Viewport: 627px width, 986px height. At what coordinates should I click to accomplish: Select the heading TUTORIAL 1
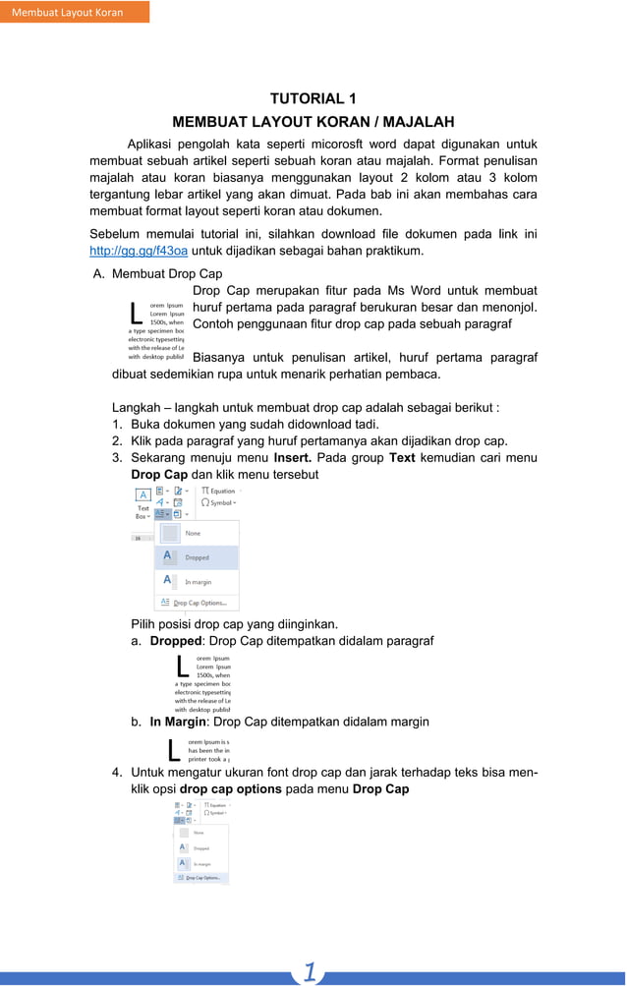pyautogui.click(x=313, y=98)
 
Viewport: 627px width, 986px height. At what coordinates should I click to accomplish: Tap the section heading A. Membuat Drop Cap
pyautogui.click(x=157, y=274)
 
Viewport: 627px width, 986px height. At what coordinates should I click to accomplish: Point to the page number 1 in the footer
pyautogui.click(x=310, y=972)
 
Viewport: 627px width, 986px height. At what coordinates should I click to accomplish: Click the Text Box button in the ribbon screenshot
pyautogui.click(x=142, y=501)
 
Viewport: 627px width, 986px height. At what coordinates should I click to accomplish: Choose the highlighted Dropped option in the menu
pyautogui.click(x=197, y=557)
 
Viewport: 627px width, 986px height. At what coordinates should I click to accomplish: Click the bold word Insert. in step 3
pyautogui.click(x=293, y=457)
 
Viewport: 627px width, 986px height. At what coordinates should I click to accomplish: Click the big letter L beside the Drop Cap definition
pyautogui.click(x=136, y=314)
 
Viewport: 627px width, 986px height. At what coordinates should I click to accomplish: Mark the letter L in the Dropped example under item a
pyautogui.click(x=183, y=666)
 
